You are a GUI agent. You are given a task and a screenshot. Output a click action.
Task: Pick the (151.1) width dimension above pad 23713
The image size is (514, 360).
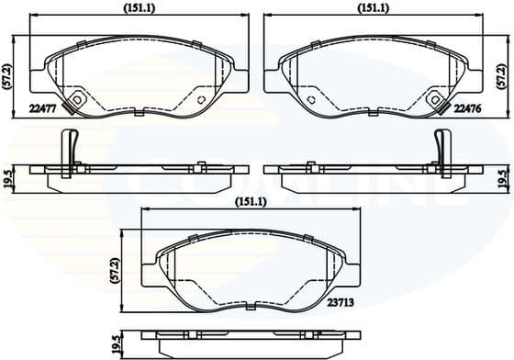click(250, 202)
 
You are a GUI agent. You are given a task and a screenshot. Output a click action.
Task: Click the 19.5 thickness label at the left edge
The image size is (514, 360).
click(8, 174)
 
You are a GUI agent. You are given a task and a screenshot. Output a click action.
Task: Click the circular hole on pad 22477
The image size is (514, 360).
click(79, 100)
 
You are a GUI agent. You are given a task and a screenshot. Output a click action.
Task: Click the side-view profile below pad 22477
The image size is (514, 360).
click(138, 170)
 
